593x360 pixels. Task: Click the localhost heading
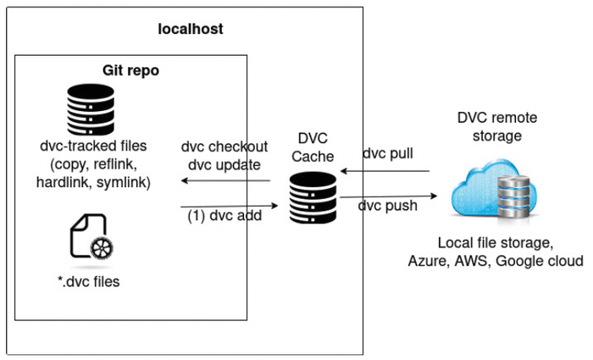tap(191, 29)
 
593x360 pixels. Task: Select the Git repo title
tap(130, 70)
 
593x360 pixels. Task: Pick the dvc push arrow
tap(388, 197)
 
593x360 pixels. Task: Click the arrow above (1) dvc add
tap(229, 206)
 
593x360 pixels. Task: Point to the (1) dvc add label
tap(224, 217)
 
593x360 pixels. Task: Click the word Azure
tap(427, 261)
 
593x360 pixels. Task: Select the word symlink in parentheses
tap(124, 182)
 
